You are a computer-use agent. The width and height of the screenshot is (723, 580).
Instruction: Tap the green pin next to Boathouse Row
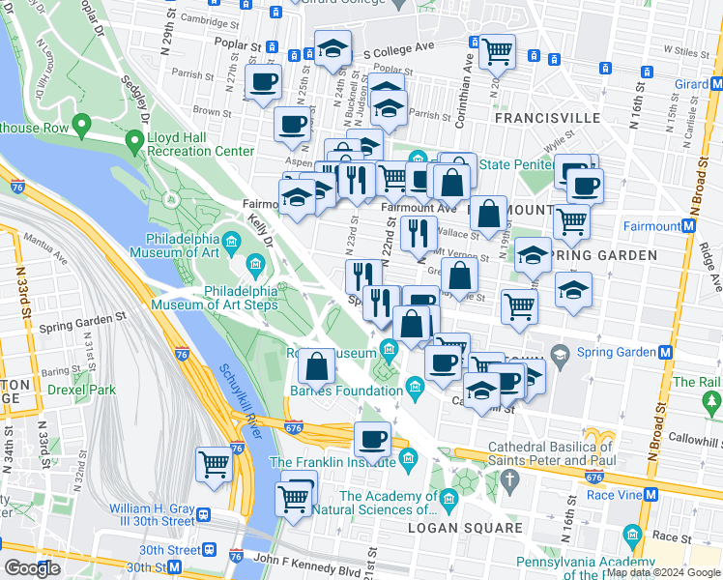[x=82, y=126]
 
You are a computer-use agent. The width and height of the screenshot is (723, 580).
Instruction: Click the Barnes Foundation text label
[x=347, y=391]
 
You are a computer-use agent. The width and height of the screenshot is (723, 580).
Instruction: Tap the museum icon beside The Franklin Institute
[x=408, y=456]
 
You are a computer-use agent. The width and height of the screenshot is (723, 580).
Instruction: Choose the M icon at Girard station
[x=717, y=84]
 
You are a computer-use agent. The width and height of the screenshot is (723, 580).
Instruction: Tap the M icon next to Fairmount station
[x=688, y=226]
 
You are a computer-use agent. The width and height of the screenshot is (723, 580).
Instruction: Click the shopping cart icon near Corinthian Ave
[x=497, y=50]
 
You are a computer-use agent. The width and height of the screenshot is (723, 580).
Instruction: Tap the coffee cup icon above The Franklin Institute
[x=373, y=439]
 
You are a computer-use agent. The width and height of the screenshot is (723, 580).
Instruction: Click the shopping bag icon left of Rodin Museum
[x=316, y=366]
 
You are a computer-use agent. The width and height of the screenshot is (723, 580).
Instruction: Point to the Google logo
[x=32, y=568]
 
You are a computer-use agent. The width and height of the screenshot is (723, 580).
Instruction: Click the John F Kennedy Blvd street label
[x=305, y=558]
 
